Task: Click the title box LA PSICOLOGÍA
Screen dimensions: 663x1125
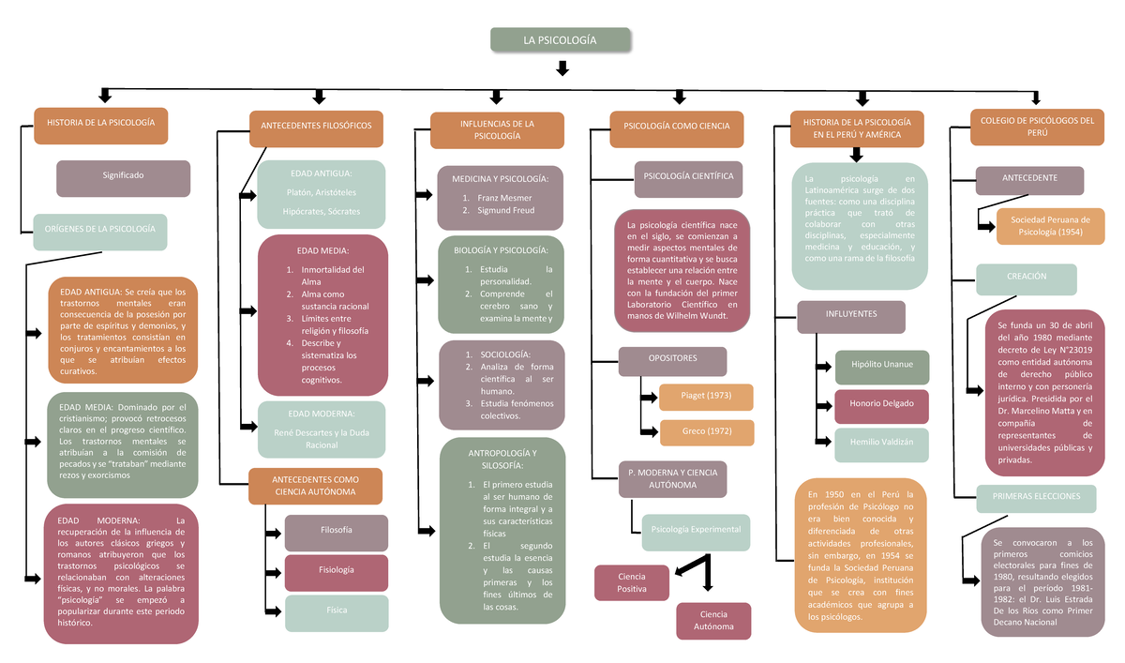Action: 561,40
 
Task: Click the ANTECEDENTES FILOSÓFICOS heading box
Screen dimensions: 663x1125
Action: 316,127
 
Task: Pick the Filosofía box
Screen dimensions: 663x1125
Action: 336,533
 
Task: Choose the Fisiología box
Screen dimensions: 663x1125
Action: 336,571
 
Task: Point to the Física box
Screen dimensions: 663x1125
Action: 336,611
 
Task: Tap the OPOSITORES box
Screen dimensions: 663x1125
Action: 672,360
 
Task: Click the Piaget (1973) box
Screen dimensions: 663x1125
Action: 706,396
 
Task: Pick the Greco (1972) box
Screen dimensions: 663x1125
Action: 706,431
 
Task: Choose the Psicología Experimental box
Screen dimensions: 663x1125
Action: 695,531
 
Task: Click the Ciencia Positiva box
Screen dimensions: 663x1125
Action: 632,581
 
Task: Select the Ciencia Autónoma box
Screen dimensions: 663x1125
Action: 713,621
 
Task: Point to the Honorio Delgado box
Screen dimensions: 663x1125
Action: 880,405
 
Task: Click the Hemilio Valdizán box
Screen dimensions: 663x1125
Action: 880,444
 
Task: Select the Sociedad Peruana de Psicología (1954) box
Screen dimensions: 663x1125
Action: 1050,225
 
